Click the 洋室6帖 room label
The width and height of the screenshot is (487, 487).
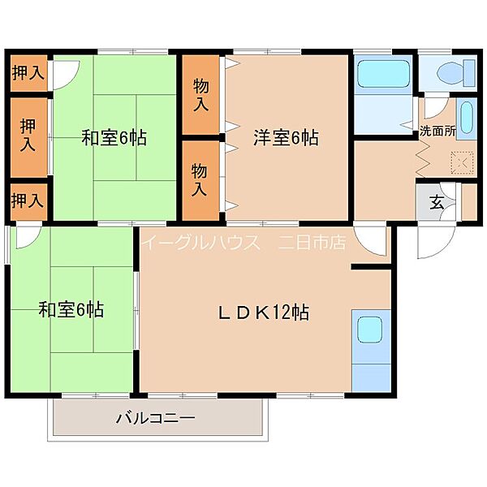(x=286, y=138)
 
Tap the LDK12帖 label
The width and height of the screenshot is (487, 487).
(x=263, y=312)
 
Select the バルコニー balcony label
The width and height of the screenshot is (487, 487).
(x=156, y=418)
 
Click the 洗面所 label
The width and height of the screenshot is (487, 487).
(x=437, y=131)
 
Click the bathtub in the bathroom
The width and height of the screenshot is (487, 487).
(x=384, y=74)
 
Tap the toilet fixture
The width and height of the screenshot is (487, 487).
(x=456, y=74)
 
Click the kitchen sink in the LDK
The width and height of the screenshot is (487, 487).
(x=369, y=330)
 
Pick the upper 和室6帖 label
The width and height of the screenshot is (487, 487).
(x=114, y=138)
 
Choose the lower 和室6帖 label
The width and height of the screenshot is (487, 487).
(x=71, y=310)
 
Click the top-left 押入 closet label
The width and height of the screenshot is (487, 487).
(x=28, y=73)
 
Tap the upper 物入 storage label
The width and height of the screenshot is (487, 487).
(x=200, y=94)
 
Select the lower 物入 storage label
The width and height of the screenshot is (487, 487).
(x=199, y=180)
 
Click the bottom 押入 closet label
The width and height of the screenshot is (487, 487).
(x=28, y=200)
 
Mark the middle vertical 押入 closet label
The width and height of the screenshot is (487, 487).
(x=28, y=136)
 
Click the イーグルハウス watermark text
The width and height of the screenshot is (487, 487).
(x=201, y=242)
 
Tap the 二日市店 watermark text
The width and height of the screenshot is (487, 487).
(x=312, y=242)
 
